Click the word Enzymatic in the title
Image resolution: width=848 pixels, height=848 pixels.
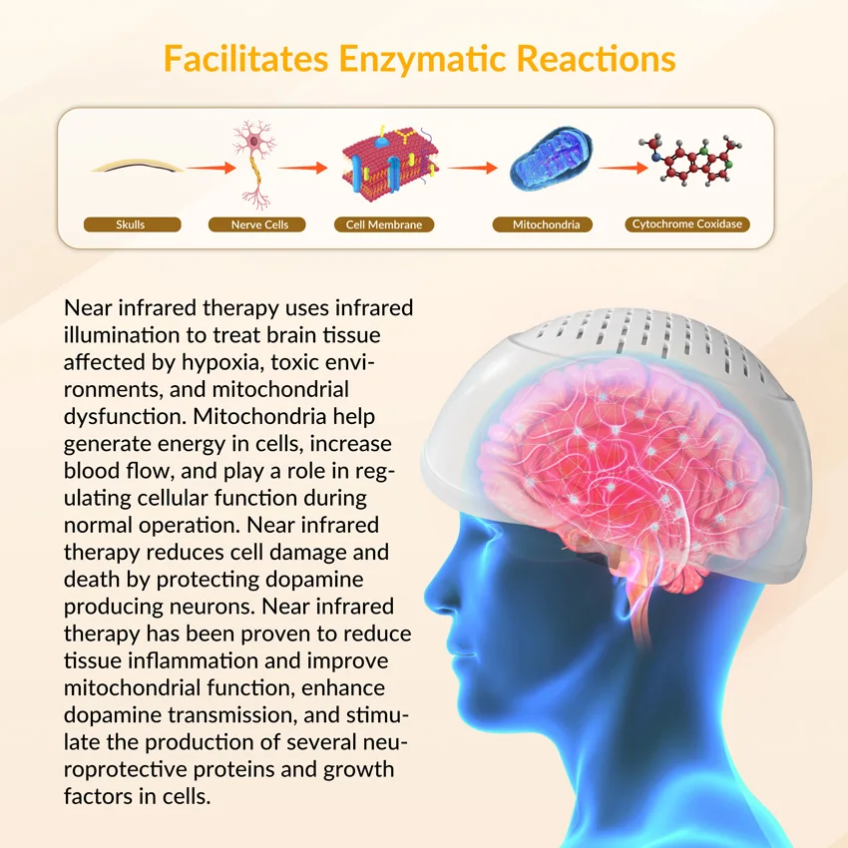tap(422, 59)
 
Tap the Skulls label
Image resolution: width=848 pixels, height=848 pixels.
tap(132, 224)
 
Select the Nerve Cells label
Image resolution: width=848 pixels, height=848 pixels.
tap(259, 224)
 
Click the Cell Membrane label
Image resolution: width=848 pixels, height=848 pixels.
tap(384, 224)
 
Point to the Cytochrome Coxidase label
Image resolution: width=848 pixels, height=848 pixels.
tap(687, 224)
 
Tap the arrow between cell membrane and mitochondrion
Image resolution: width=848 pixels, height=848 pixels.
tap(472, 167)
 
